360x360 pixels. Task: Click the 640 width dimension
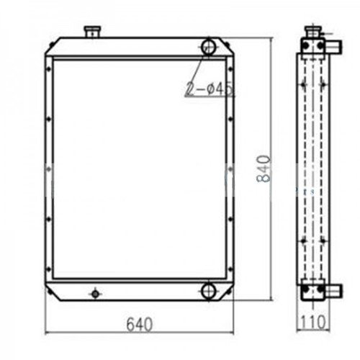coord(140,324)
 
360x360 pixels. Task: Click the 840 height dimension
coord(264,169)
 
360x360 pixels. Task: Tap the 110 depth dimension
coord(313,322)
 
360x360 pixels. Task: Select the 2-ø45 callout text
coord(210,89)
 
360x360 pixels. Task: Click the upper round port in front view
coord(208,47)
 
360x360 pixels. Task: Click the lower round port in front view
coord(208,291)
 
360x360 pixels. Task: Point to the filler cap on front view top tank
coord(92,32)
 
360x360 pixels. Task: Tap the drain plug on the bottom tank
coord(95,294)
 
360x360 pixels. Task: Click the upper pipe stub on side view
coord(333,46)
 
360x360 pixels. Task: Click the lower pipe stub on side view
coord(333,289)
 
